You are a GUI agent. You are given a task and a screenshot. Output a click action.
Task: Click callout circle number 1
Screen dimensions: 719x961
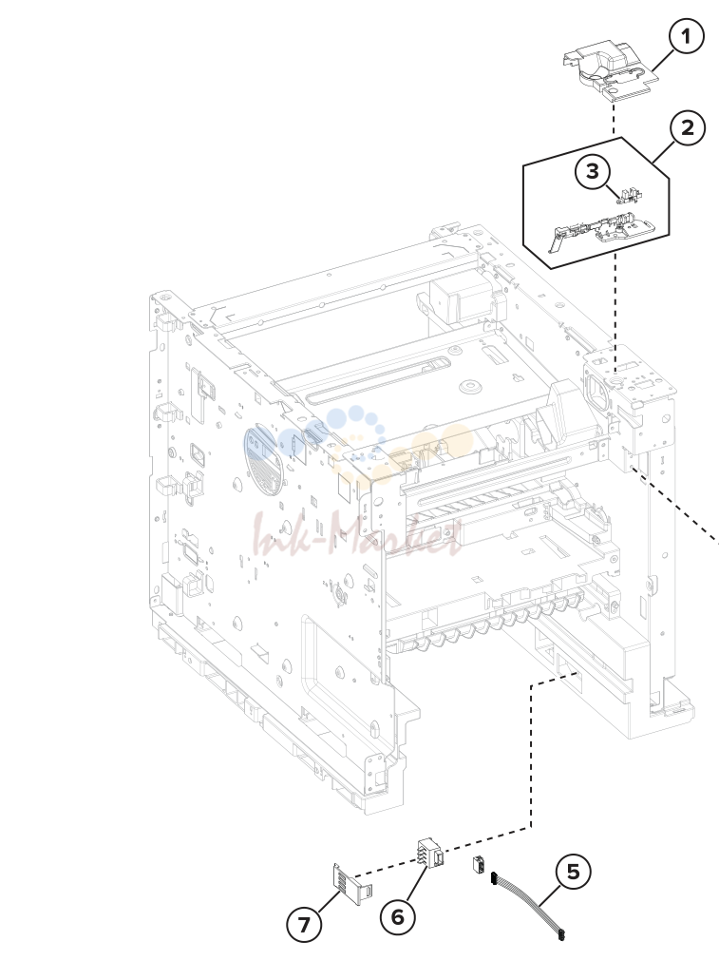point(686,36)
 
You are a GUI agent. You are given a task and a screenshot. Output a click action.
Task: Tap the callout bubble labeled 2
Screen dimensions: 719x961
point(688,128)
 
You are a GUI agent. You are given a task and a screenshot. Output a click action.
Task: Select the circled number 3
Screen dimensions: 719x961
point(593,171)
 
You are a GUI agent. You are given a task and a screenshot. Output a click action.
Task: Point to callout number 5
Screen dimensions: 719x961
point(574,872)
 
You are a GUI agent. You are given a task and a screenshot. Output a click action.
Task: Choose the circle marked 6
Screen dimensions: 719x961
point(397,917)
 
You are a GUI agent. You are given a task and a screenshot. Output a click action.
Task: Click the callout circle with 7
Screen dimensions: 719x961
point(304,924)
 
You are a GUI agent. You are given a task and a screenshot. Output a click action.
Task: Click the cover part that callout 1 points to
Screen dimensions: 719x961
point(610,70)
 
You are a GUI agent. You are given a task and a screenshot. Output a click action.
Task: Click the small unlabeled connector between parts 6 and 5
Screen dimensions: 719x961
point(479,865)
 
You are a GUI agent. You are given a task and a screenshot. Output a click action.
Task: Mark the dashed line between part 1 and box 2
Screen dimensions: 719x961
point(614,119)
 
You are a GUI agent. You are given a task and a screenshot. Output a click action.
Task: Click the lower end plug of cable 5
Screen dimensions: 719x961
point(559,935)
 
